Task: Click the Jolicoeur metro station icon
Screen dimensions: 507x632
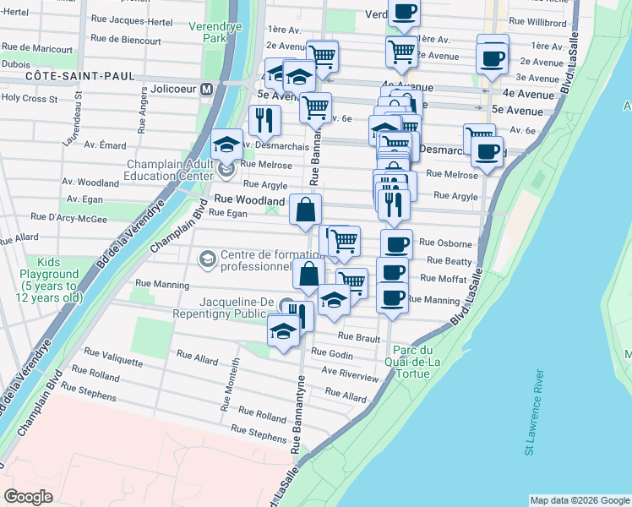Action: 205,89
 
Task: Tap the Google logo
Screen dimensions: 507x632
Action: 28,496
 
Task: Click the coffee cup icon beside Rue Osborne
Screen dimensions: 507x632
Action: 396,244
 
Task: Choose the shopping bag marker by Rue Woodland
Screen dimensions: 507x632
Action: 305,210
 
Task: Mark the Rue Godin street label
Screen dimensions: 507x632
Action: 332,353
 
